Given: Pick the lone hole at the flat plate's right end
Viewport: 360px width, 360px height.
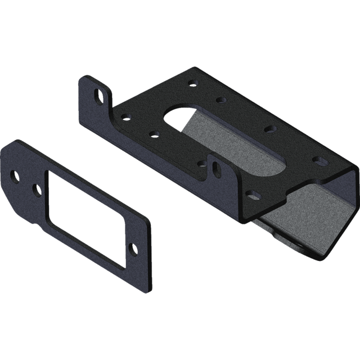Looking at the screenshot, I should click(x=134, y=247).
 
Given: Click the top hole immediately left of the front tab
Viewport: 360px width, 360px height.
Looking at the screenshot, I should click(x=201, y=164).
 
